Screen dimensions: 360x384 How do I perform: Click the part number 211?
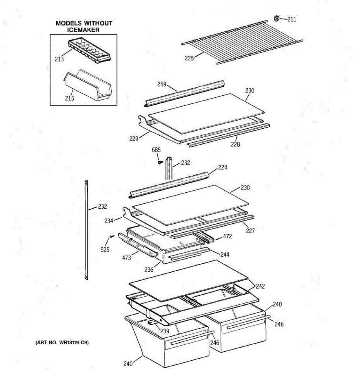pos(292,19)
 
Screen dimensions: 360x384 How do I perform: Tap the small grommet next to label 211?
pos(276,18)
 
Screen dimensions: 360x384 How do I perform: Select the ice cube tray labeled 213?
pos(89,50)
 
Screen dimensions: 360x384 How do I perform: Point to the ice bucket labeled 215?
pos(88,85)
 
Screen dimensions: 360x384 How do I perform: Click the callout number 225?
pos(189,58)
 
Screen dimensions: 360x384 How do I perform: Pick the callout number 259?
pos(162,84)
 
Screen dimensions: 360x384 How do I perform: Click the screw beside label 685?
pos(160,162)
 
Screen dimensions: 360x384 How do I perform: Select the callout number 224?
pos(222,167)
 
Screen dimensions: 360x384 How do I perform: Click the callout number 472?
pos(227,236)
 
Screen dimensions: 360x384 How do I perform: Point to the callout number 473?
pos(126,258)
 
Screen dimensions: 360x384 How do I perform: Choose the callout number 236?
pos(149,269)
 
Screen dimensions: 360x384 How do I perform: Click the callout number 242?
pos(260,286)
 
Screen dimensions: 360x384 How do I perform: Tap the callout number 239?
pos(165,331)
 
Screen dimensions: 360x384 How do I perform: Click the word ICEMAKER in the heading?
pos(83,30)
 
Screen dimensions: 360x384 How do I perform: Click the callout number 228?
pos(235,144)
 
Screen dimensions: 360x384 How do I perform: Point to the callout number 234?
pos(109,221)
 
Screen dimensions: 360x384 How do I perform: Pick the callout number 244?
pos(225,254)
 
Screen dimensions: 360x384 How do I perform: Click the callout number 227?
pos(250,231)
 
